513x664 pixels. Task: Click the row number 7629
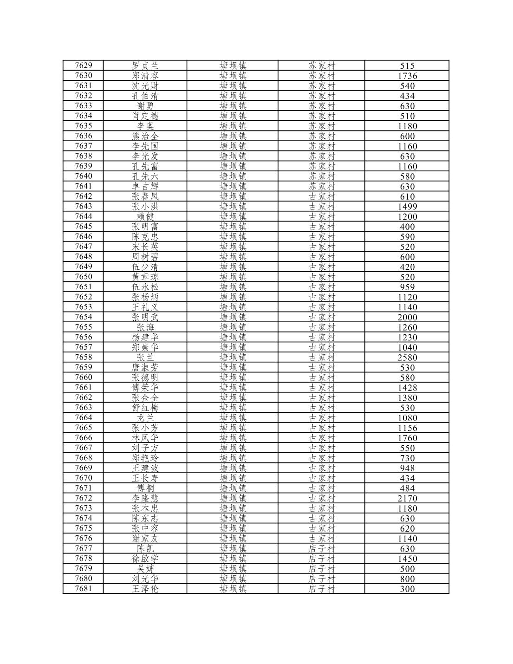(84, 65)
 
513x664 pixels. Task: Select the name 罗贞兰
(145, 65)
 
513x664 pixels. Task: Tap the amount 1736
(407, 76)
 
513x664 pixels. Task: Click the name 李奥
(145, 126)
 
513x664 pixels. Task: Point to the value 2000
(407, 317)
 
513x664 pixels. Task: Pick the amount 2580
(407, 358)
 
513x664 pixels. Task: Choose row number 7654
(84, 317)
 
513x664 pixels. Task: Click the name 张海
(145, 327)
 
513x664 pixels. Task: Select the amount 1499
(407, 207)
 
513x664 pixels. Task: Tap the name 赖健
(145, 216)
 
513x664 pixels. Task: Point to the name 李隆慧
(145, 498)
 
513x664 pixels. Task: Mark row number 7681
(84, 588)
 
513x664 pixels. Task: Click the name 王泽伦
(145, 589)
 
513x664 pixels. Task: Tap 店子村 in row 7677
(321, 548)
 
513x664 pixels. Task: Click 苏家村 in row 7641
(321, 186)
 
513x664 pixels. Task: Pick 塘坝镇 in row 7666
(233, 437)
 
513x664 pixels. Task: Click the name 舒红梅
(145, 408)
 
